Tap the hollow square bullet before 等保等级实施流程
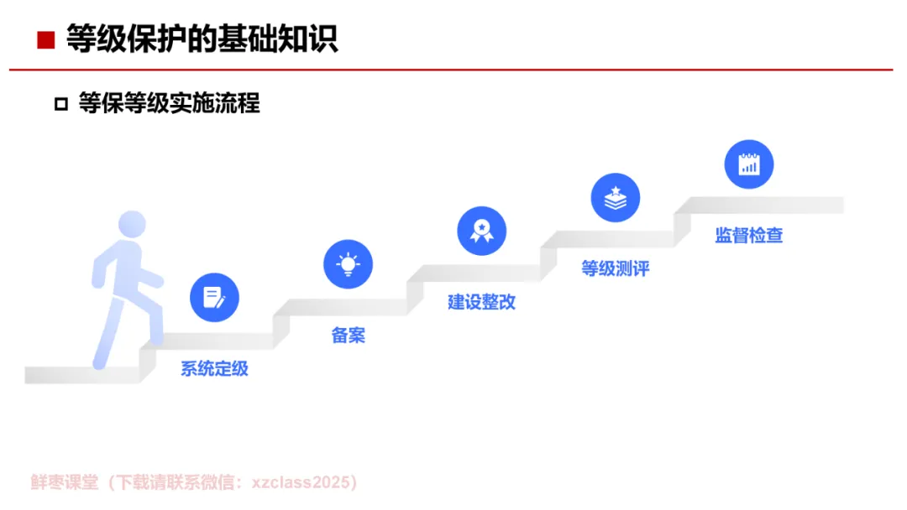click(x=60, y=104)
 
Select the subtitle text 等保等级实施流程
click(x=169, y=103)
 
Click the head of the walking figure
click(x=132, y=225)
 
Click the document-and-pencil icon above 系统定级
click(x=214, y=298)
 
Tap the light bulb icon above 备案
click(x=348, y=264)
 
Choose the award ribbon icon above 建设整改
click(x=481, y=231)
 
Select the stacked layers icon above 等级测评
click(x=616, y=198)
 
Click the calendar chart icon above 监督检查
click(x=748, y=164)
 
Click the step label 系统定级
click(x=214, y=369)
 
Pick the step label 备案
click(x=348, y=336)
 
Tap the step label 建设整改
click(x=481, y=302)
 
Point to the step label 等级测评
click(x=616, y=269)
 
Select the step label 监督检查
click(x=748, y=236)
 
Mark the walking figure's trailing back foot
click(x=99, y=362)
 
